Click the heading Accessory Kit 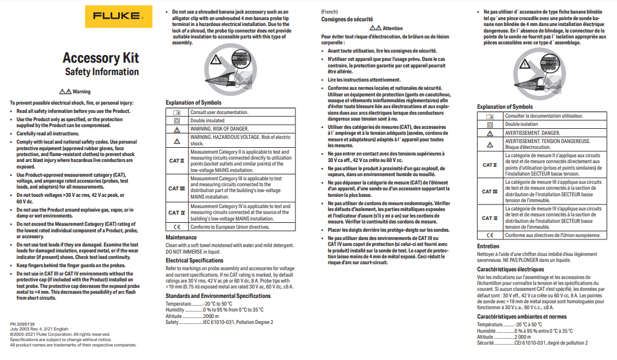click(100, 57)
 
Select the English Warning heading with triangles click(75, 92)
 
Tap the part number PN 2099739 click(22, 325)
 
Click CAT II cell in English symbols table click(177, 161)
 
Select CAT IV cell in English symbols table click(177, 212)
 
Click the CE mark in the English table click(177, 227)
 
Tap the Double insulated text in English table click(207, 121)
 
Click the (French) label click(331, 11)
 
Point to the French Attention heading click(386, 28)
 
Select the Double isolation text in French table click(521, 125)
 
